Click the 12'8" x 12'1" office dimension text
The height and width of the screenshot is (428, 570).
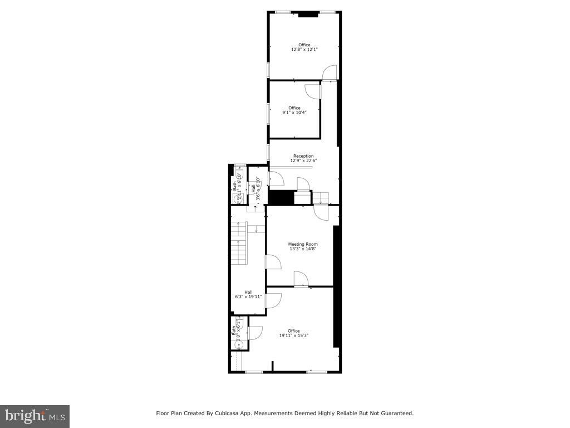[304, 50]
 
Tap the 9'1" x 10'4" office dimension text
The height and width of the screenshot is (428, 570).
[294, 113]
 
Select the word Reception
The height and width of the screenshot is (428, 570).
[303, 156]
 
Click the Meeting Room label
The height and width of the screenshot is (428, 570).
[303, 244]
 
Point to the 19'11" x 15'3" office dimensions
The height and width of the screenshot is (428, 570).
[293, 335]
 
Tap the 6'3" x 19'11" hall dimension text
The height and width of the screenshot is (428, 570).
[248, 297]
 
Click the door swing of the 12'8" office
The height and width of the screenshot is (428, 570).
[330, 72]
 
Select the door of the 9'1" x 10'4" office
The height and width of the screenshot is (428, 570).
[312, 92]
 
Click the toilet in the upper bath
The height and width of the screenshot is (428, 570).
[239, 172]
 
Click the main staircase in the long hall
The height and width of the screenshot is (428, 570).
[238, 244]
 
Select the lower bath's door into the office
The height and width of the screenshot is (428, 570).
[255, 333]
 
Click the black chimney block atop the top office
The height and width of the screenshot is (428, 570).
[307, 14]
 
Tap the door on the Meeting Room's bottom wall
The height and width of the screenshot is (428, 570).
[301, 279]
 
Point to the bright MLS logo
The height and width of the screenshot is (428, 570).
[35, 416]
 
